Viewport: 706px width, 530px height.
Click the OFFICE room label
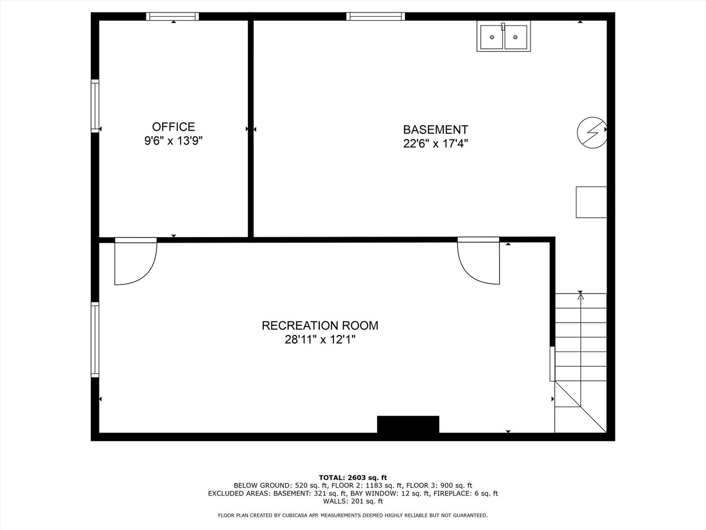point(173,127)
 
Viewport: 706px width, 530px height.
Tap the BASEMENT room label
point(435,130)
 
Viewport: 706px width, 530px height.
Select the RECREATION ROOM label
point(320,325)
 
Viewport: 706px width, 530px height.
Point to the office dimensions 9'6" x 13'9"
point(173,141)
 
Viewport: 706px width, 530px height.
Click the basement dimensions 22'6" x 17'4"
point(435,144)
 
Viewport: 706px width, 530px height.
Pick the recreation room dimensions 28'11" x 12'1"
point(320,340)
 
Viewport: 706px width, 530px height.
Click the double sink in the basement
point(503,36)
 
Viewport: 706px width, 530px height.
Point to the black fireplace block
point(408,424)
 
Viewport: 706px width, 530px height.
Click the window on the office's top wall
point(173,16)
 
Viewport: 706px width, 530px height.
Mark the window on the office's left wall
point(95,106)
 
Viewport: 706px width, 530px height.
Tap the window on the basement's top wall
point(376,16)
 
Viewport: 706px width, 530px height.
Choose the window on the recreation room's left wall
point(95,340)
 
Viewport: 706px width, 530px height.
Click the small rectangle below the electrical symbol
point(591,202)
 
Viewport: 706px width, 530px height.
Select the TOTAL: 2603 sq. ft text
point(353,477)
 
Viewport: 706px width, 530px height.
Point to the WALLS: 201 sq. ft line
point(353,501)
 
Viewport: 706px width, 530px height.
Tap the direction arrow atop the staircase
point(581,296)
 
